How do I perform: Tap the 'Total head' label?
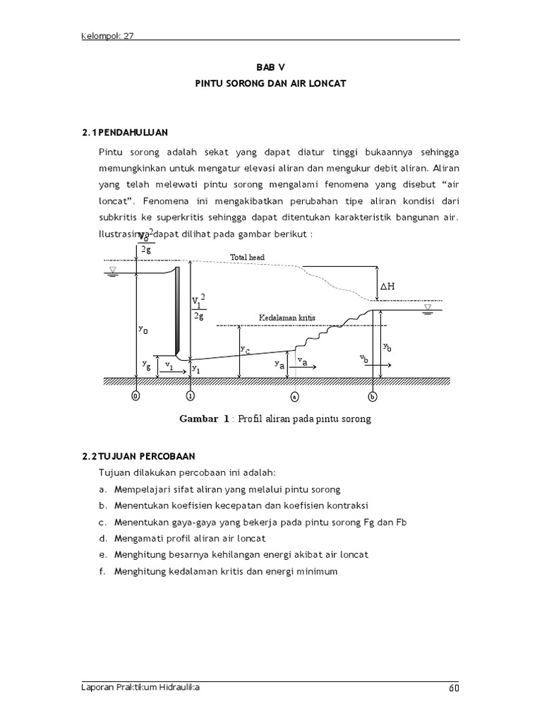pos(248,258)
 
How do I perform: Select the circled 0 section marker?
pos(135,396)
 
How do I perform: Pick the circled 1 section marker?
pos(190,396)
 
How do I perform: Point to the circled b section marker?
pos(373,396)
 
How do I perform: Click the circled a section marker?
pos(294,396)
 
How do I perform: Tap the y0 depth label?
pos(143,329)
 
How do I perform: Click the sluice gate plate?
pos(178,311)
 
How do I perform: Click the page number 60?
pos(454,688)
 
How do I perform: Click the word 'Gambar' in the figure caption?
pos(199,419)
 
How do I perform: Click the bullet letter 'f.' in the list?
pos(103,571)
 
